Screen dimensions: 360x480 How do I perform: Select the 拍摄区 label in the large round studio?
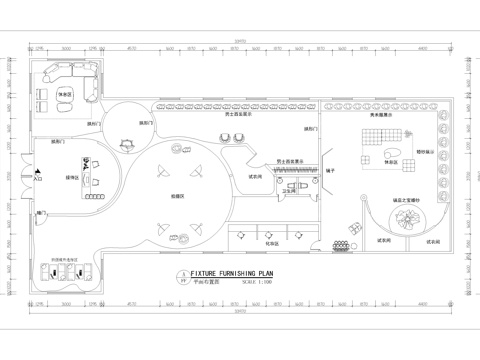(x=178, y=196)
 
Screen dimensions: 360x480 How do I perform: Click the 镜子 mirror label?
(x=329, y=171)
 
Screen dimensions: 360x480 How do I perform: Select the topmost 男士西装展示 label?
(x=238, y=115)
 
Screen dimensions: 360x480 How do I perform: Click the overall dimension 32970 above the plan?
(x=240, y=41)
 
